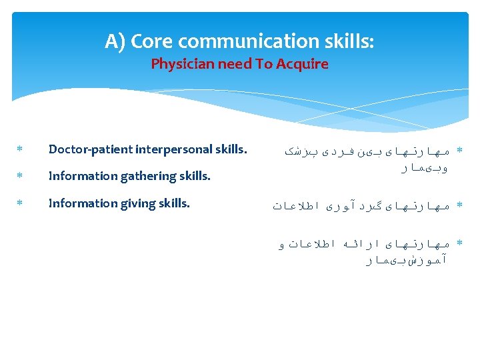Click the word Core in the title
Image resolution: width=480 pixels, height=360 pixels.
pyautogui.click(x=153, y=41)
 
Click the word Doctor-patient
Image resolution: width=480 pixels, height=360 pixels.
pyautogui.click(x=90, y=149)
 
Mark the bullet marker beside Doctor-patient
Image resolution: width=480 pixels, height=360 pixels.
pyautogui.click(x=20, y=150)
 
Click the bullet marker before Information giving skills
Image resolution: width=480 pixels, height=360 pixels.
pyautogui.click(x=20, y=204)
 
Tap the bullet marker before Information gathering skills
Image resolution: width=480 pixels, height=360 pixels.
pyautogui.click(x=20, y=177)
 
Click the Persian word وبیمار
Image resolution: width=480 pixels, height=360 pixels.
pyautogui.click(x=424, y=169)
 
